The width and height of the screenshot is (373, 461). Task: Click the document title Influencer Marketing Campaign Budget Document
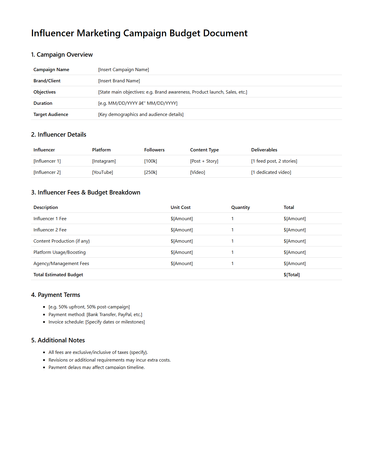pyautogui.click(x=139, y=33)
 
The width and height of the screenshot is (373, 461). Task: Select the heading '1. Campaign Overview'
pyautogui.click(x=62, y=55)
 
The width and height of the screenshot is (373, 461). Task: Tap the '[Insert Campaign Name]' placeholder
pyautogui.click(x=123, y=70)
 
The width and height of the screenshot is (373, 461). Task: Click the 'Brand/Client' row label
pyautogui.click(x=47, y=81)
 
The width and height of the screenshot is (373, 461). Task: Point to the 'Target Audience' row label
pyautogui.click(x=51, y=115)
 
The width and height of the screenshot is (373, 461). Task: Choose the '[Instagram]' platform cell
pyautogui.click(x=104, y=161)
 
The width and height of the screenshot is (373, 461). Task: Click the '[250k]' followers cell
pyautogui.click(x=151, y=172)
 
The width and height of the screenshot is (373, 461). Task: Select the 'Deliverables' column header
pyautogui.click(x=264, y=150)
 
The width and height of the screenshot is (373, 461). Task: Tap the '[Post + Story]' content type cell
pyautogui.click(x=204, y=161)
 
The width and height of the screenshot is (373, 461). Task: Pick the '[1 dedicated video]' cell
pyautogui.click(x=271, y=172)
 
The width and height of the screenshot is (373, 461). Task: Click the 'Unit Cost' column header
pyautogui.click(x=180, y=207)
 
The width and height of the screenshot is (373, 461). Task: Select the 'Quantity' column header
pyautogui.click(x=240, y=207)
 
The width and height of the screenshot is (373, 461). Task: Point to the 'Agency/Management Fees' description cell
pyautogui.click(x=61, y=264)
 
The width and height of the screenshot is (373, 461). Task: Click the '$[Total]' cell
pyautogui.click(x=291, y=275)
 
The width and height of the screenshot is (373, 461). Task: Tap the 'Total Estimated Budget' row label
pyautogui.click(x=58, y=275)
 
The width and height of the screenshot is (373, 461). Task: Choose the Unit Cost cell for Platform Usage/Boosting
pyautogui.click(x=182, y=252)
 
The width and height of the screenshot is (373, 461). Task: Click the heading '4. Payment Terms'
pyautogui.click(x=56, y=295)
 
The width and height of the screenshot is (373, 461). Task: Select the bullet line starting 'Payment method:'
pyautogui.click(x=95, y=315)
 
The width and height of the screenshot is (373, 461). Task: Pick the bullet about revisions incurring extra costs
pyautogui.click(x=110, y=360)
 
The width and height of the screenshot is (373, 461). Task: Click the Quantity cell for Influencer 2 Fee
pyautogui.click(x=232, y=230)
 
